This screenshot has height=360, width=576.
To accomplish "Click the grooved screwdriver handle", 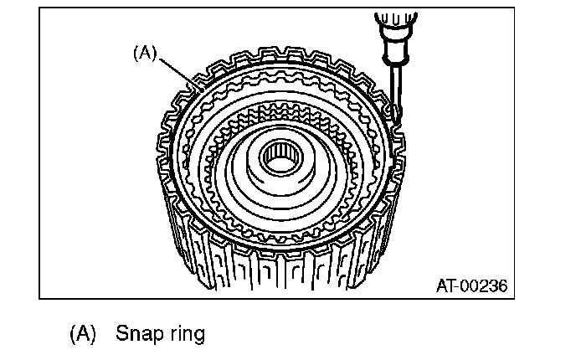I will [x=393, y=26].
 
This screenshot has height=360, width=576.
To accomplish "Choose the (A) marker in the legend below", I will [x=80, y=334].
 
